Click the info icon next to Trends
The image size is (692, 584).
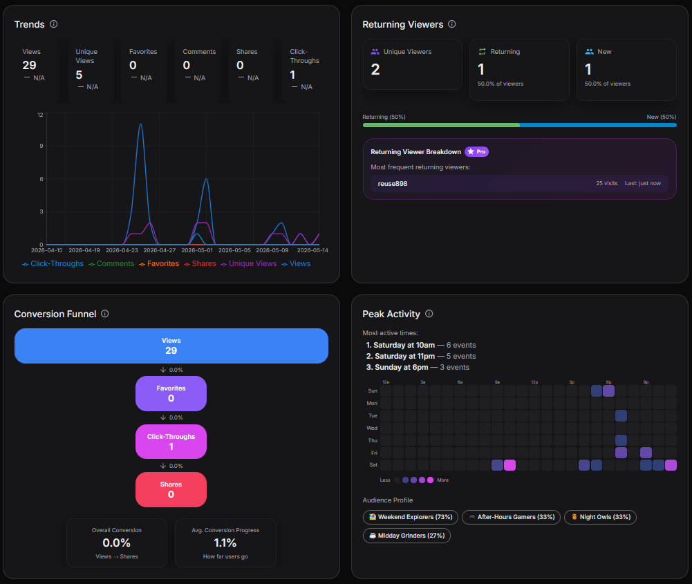[53, 24]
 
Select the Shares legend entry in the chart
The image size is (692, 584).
[200, 264]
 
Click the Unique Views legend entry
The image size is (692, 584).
[249, 264]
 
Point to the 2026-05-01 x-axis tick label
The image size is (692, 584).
[197, 250]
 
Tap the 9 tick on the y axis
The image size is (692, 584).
[41, 146]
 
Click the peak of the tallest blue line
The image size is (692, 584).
[141, 124]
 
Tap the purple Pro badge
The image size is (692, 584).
[476, 152]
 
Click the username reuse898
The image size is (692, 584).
[393, 183]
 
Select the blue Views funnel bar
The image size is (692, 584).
[171, 346]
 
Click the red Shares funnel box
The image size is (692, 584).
[171, 489]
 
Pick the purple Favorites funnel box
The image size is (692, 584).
[171, 393]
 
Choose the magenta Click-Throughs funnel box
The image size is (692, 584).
[171, 442]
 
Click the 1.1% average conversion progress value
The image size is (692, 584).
[225, 543]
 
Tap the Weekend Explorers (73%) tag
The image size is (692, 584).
[411, 517]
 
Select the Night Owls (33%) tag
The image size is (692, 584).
[600, 517]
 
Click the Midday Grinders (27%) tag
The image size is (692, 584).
[406, 536]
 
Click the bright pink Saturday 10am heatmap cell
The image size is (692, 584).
[509, 465]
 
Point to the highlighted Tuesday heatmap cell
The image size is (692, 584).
[621, 415]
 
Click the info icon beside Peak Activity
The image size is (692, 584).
[429, 314]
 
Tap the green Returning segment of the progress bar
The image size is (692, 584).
[441, 125]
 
